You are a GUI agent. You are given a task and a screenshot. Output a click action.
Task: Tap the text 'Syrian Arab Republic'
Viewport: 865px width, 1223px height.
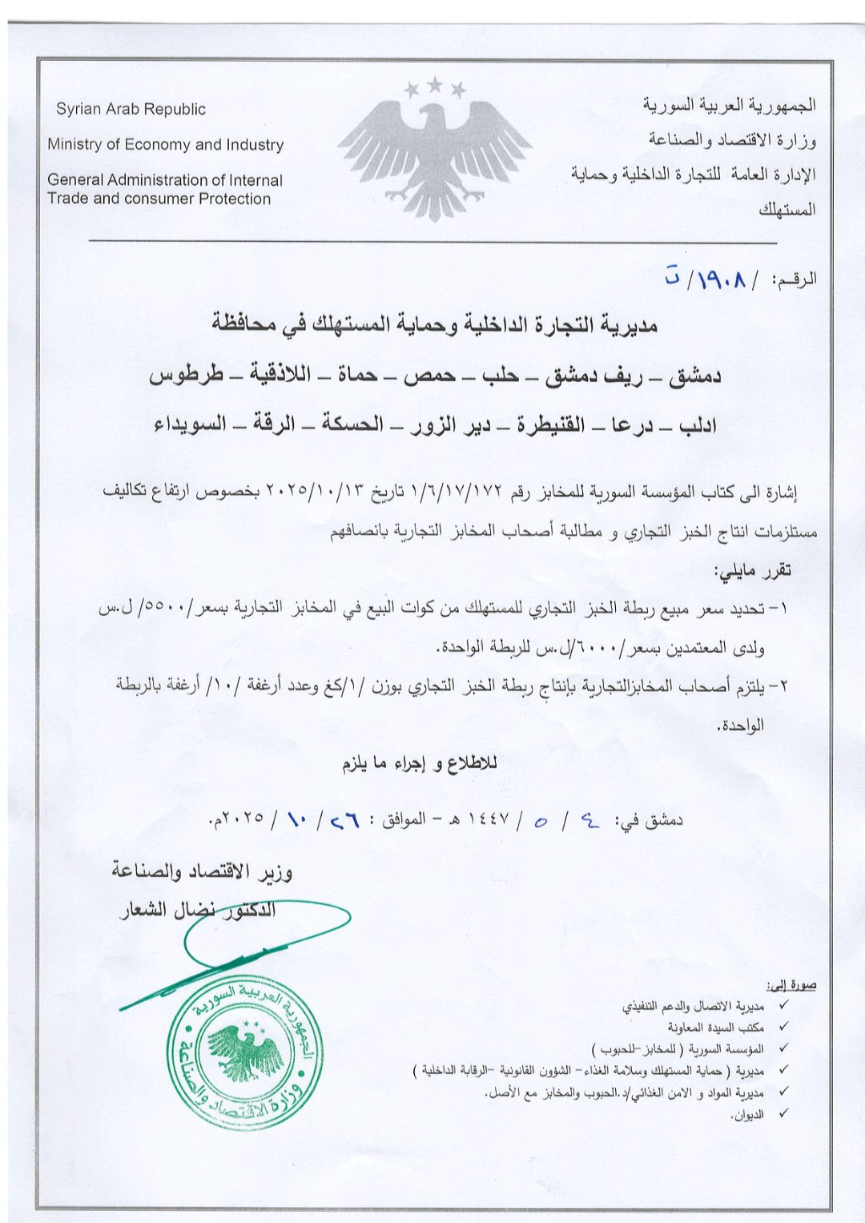pyautogui.click(x=131, y=109)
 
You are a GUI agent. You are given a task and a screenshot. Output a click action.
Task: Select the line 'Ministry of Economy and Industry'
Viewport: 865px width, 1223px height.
pyautogui.click(x=166, y=145)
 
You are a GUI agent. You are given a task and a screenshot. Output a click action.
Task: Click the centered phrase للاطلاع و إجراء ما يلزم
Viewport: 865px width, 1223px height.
pyautogui.click(x=420, y=763)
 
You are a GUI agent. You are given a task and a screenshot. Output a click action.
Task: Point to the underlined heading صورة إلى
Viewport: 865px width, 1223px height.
pyautogui.click(x=791, y=984)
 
